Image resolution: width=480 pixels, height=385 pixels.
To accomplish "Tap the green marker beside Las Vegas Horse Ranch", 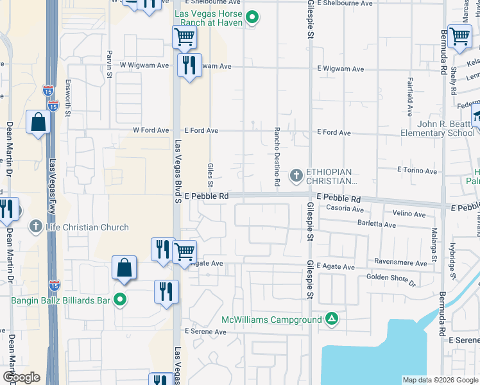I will pyautogui.click(x=252, y=18).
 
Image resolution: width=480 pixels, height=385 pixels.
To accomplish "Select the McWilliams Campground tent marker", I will pyautogui.click(x=331, y=319).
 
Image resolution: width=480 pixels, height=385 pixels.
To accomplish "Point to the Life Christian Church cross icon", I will pyautogui.click(x=37, y=227).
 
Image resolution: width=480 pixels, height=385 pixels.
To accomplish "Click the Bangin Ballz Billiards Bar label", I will pyautogui.click(x=60, y=299).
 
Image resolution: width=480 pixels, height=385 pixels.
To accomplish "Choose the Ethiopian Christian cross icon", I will pyautogui.click(x=296, y=175).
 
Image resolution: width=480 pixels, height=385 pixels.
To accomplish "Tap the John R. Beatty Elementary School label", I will pyautogui.click(x=437, y=128).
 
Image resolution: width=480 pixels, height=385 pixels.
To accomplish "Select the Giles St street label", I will pyautogui.click(x=210, y=171).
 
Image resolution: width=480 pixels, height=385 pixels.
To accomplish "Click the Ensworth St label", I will pyautogui.click(x=69, y=98).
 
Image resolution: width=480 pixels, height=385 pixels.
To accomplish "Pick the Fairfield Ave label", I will pyautogui.click(x=410, y=96).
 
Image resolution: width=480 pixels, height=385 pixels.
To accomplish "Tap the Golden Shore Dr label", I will pyautogui.click(x=391, y=278).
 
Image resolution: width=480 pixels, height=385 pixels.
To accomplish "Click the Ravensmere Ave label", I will pyautogui.click(x=403, y=263).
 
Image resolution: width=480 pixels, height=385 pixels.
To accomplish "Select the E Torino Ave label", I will pyautogui.click(x=418, y=170).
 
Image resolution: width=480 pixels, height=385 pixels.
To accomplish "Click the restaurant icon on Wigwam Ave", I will pyautogui.click(x=189, y=65).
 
